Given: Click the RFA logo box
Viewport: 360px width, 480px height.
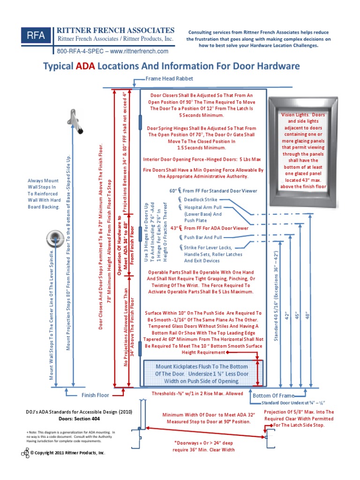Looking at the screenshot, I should click(36, 37).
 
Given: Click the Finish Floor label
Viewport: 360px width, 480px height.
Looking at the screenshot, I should click(95, 395).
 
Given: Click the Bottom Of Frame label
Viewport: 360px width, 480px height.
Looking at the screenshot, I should click(272, 396).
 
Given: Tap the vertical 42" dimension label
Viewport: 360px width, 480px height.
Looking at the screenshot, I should click(283, 316).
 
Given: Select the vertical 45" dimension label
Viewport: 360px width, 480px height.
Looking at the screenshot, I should click(296, 316).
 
